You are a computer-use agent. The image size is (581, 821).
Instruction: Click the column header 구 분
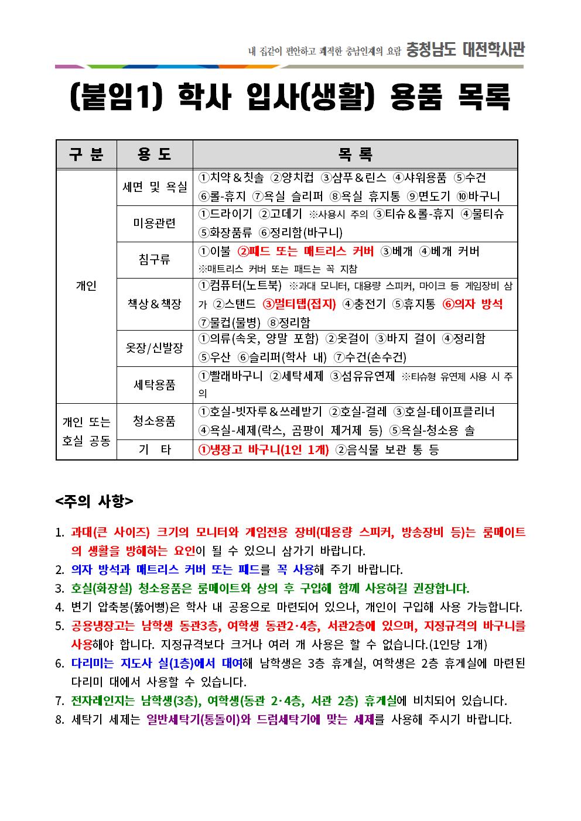coord(86,154)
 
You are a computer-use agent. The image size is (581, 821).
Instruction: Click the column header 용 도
coord(155,154)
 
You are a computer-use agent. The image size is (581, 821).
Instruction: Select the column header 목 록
coord(355,154)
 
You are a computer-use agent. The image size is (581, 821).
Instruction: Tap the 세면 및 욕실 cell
coord(155,187)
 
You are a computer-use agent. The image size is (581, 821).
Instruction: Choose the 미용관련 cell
coord(155,223)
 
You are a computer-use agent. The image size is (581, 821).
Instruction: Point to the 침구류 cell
coord(155,259)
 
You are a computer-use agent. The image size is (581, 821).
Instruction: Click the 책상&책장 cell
coord(155,304)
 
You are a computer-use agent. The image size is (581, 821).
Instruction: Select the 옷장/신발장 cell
coord(155,348)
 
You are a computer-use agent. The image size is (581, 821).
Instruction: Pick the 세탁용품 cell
coord(155,384)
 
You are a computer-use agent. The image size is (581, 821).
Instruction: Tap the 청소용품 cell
coord(155,421)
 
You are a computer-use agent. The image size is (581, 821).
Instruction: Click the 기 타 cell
coord(155,449)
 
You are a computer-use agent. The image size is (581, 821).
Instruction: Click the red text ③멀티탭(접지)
coord(299,304)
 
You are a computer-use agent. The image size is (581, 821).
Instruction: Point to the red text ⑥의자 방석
coord(472,304)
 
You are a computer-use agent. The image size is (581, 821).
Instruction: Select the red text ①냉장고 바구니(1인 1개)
coord(264,449)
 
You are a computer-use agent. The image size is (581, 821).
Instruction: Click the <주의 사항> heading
coord(94,501)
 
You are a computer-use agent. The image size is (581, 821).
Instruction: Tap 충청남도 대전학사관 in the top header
coord(465,50)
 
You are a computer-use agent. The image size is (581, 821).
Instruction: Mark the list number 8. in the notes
coord(59,719)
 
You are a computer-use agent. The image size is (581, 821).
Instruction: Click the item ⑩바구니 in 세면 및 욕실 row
coord(479,196)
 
